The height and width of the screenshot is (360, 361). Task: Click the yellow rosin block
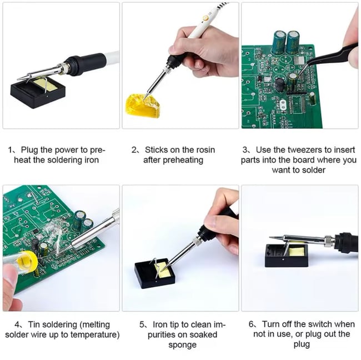click(x=142, y=105)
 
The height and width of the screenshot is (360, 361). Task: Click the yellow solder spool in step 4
click(x=26, y=260)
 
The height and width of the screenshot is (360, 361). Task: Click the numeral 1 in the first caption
click(x=11, y=151)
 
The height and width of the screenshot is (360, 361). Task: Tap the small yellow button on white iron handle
click(x=205, y=18)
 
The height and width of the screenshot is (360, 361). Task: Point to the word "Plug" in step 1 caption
click(x=29, y=150)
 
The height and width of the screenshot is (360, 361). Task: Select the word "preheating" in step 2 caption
click(x=184, y=160)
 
